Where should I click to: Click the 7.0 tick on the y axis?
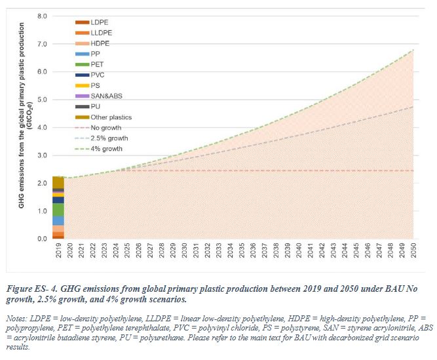(x=42, y=44)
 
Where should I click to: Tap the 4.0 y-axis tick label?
(x=42, y=127)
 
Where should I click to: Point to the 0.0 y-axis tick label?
(x=42, y=239)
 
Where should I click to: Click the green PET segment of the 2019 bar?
(x=58, y=210)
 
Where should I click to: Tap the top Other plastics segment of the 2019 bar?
(x=58, y=182)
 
